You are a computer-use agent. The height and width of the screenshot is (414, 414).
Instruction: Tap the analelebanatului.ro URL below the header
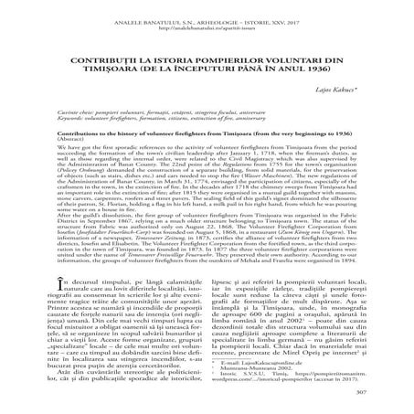pos(207,19)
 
